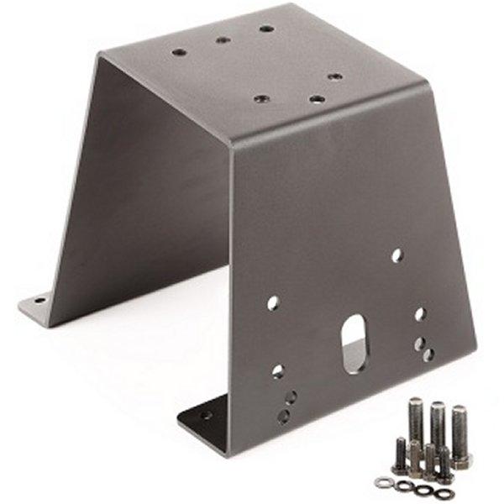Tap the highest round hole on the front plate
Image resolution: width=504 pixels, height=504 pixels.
coord(396,255)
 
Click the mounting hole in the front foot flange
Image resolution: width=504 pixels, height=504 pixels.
coord(206,414)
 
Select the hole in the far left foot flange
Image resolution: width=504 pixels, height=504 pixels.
coord(39,298)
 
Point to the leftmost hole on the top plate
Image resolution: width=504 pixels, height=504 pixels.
coord(179,52)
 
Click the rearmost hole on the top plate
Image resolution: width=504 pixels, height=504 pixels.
coord(266,29)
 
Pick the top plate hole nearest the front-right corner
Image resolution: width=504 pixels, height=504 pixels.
coord(317,98)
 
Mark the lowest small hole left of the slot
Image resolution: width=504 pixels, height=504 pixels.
coord(284,415)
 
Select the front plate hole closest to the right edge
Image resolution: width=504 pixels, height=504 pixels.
coord(428,355)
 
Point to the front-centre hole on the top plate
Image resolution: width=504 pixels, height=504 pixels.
coord(260,98)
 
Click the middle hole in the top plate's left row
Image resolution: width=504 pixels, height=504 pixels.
coord(222,39)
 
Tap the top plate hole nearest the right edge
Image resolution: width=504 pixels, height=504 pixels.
coord(335,76)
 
